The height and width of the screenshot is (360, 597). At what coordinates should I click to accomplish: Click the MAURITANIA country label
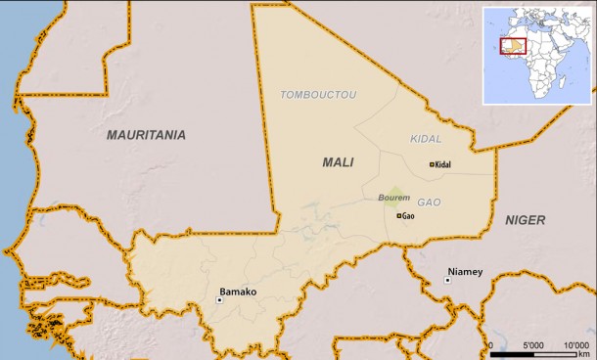pyautogui.click(x=146, y=136)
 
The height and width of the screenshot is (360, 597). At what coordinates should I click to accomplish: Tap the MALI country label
pyautogui.click(x=338, y=162)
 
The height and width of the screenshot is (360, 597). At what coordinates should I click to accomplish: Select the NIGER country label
pyautogui.click(x=525, y=220)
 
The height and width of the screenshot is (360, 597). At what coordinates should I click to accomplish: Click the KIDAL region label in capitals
pyautogui.click(x=426, y=140)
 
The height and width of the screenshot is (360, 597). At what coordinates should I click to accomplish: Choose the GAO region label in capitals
pyautogui.click(x=429, y=202)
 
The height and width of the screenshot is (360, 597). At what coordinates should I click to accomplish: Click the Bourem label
pyautogui.click(x=393, y=199)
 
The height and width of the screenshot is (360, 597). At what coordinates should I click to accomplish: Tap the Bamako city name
pyautogui.click(x=238, y=292)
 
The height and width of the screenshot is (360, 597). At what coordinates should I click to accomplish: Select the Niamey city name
pyautogui.click(x=465, y=271)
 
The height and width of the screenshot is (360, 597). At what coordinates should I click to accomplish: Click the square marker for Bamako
pyautogui.click(x=219, y=300)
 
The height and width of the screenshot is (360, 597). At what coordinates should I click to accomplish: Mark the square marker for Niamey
pyautogui.click(x=447, y=281)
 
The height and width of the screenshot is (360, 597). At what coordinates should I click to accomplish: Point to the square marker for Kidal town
pyautogui.click(x=432, y=164)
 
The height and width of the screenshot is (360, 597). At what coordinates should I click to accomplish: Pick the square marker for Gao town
pyautogui.click(x=398, y=215)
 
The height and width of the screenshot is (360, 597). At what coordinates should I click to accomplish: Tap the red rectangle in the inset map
pyautogui.click(x=513, y=46)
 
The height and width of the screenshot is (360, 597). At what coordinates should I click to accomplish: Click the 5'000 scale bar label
pyautogui.click(x=533, y=345)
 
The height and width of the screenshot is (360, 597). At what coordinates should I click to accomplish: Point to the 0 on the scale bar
pyautogui.click(x=490, y=345)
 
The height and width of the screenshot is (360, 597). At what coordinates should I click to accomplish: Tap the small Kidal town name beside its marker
pyautogui.click(x=443, y=164)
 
